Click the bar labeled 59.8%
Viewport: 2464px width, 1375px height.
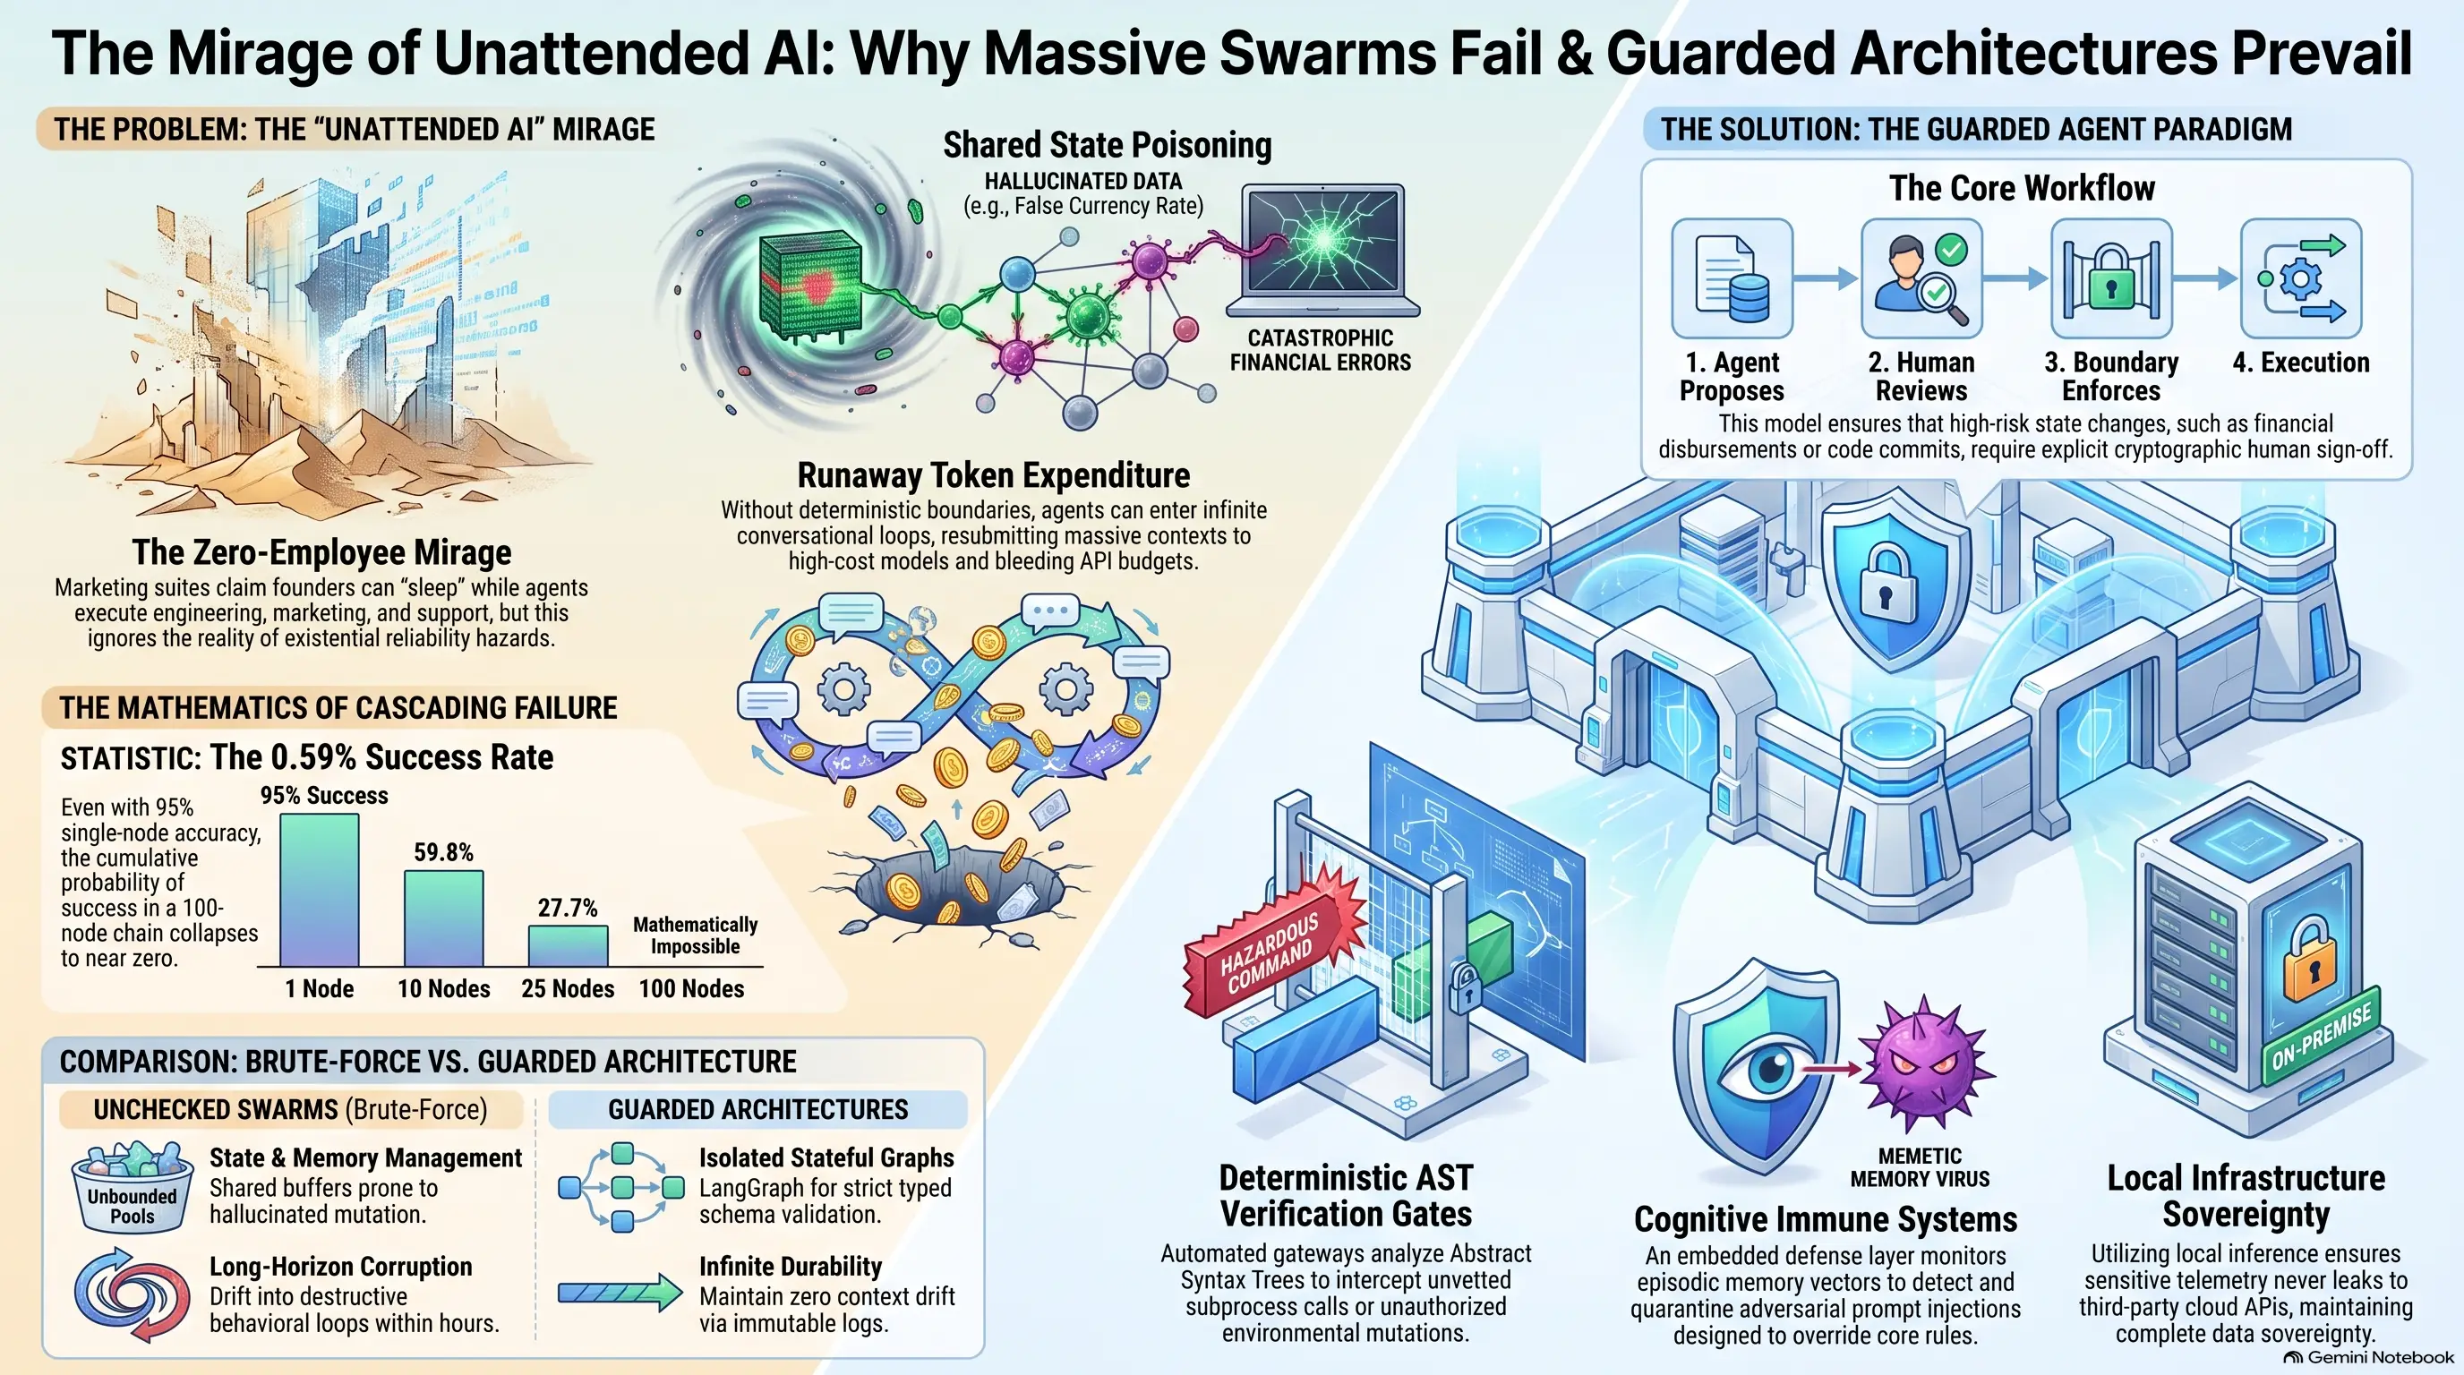click(x=444, y=918)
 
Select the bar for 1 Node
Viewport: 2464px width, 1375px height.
click(x=320, y=890)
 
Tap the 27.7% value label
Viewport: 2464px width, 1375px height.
click(x=568, y=908)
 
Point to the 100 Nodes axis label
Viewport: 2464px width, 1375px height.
click(x=691, y=988)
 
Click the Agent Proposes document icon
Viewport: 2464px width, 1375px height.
click(x=1732, y=278)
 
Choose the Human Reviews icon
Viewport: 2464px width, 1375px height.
click(x=1921, y=278)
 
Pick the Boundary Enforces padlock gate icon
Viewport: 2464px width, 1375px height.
click(x=2111, y=278)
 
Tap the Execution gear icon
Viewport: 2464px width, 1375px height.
click(x=2301, y=278)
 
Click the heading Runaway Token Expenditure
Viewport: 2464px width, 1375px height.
click(x=994, y=475)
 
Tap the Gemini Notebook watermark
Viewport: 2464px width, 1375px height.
click(x=2367, y=1358)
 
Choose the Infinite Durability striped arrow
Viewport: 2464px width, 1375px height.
click(x=620, y=1293)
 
